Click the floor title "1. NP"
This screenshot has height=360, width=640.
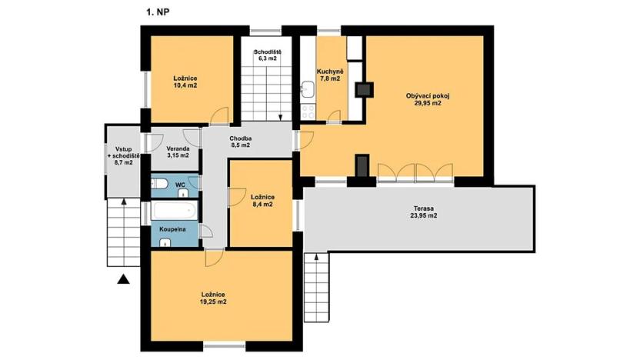click(x=158, y=12)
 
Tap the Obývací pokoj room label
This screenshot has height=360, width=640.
click(x=428, y=100)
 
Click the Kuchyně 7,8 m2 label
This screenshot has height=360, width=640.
click(x=330, y=75)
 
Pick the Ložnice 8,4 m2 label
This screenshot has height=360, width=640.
click(x=262, y=202)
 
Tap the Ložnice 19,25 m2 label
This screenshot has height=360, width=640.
click(x=213, y=298)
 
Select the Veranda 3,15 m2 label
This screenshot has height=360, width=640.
click(x=177, y=152)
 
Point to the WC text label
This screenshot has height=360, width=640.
click(x=179, y=185)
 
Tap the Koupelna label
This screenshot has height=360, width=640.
click(x=171, y=229)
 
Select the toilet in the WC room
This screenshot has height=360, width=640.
click(x=158, y=184)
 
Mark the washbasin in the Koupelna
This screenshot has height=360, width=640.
click(x=165, y=242)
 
